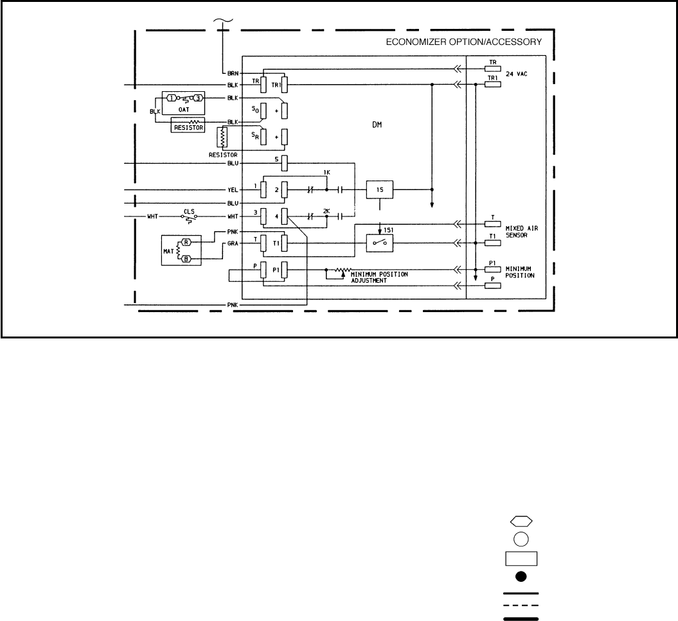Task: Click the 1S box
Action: [x=379, y=189]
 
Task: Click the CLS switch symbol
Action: [x=189, y=218]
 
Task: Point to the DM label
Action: [x=377, y=126]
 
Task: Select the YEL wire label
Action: [x=233, y=189]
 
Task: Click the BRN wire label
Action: [x=233, y=74]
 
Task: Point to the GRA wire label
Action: [x=233, y=244]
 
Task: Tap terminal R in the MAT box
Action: [x=186, y=242]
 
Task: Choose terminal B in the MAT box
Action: [x=186, y=259]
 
